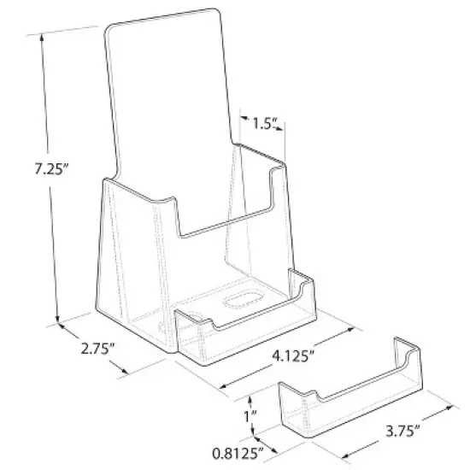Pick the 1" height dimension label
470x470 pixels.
point(247,417)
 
